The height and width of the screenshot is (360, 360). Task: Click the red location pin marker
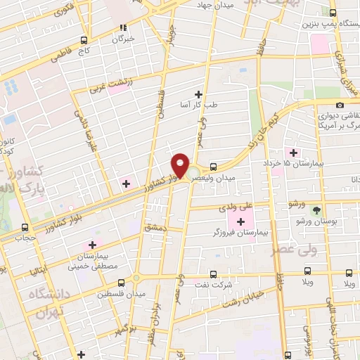click(181, 166)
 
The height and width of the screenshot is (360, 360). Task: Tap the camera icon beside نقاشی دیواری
click(340, 105)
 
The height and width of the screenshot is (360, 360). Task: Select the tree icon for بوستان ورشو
click(316, 209)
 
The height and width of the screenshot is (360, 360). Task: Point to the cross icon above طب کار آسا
click(198, 94)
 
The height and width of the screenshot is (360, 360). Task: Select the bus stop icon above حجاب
click(26, 227)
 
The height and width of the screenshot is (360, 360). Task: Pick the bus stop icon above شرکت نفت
click(214, 274)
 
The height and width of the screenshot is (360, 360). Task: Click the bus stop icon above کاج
click(84, 40)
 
